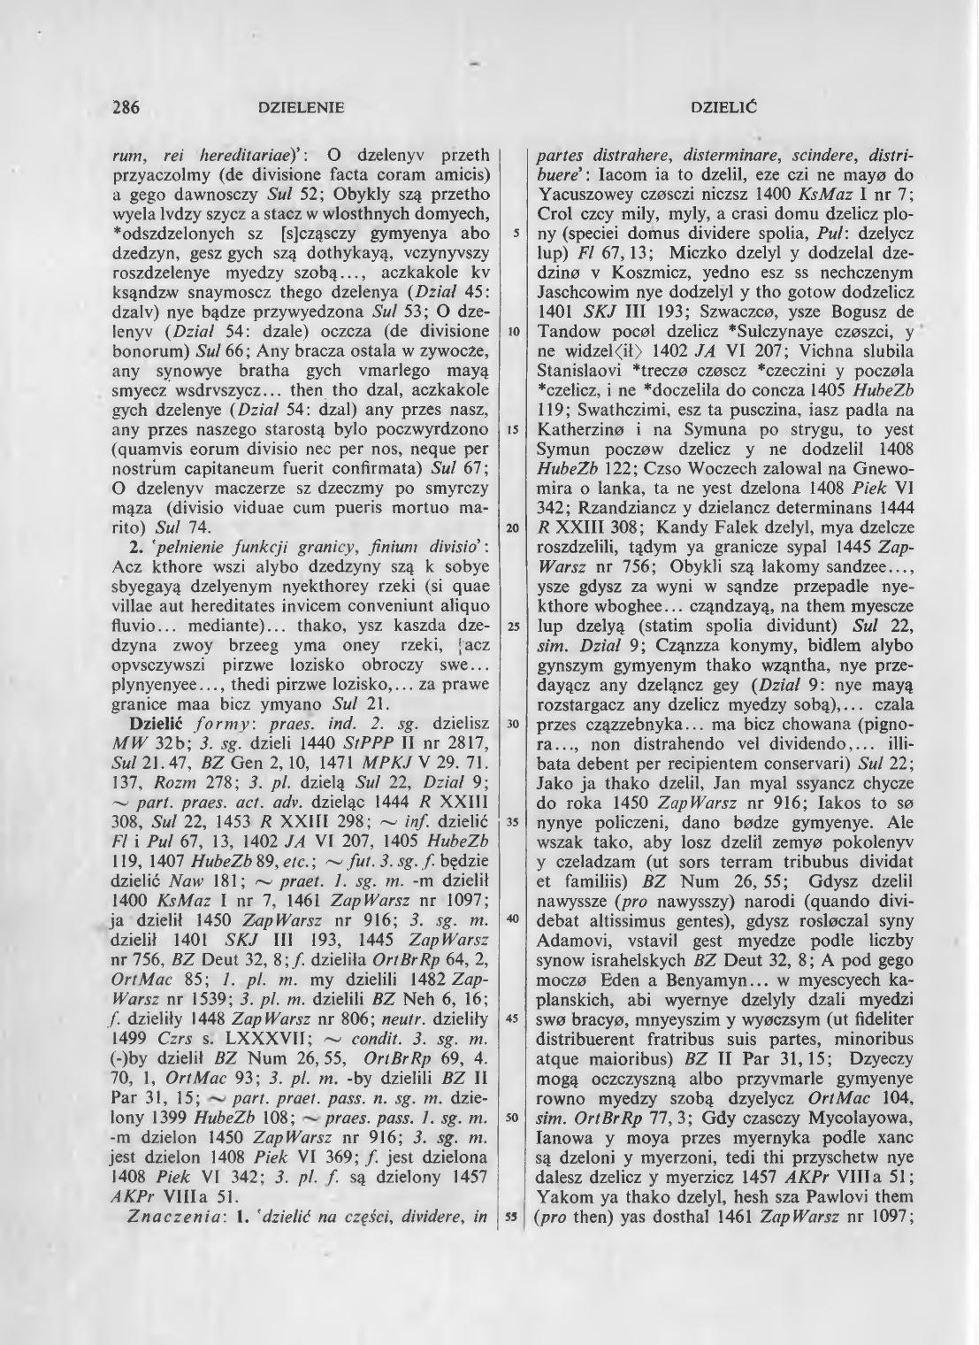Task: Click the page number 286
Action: (x=127, y=109)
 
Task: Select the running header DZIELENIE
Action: (x=299, y=109)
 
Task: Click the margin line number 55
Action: (x=512, y=1216)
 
